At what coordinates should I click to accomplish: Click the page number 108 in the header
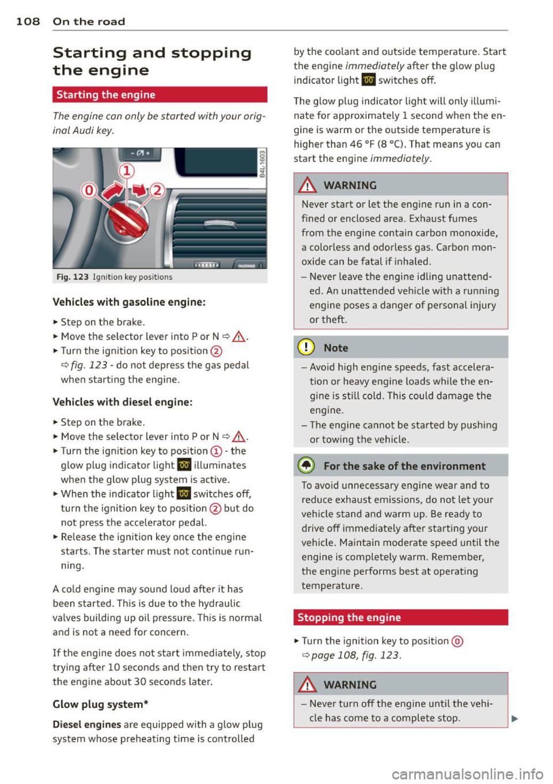28,22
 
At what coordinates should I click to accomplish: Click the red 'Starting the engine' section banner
160,95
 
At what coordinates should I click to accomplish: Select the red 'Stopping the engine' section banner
400,618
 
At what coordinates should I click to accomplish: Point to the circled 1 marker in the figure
126,171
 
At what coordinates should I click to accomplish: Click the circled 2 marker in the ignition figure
157,190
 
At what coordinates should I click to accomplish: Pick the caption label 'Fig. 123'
72,277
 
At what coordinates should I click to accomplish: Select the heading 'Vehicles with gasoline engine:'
129,302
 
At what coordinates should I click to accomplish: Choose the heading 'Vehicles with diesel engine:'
122,402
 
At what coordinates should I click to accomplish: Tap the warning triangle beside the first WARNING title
308,185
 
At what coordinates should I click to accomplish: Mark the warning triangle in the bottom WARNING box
308,685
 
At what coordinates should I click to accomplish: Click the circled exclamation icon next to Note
306,348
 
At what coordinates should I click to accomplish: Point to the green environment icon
306,466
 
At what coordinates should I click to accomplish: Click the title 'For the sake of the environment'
404,466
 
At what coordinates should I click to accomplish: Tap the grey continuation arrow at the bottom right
514,718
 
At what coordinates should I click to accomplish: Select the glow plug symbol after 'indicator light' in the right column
369,80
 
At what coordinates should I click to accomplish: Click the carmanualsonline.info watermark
467,774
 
